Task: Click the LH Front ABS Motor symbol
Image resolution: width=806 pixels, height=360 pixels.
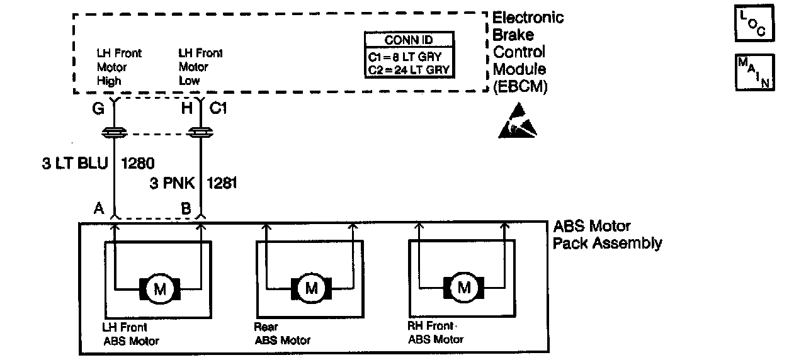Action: pyautogui.click(x=159, y=289)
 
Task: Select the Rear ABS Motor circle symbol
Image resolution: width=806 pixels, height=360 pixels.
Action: pyautogui.click(x=312, y=289)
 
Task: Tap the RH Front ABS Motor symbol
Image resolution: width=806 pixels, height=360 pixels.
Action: pyautogui.click(x=464, y=289)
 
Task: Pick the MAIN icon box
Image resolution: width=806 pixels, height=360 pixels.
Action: pyautogui.click(x=754, y=72)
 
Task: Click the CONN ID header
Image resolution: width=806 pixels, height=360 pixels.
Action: pyautogui.click(x=409, y=40)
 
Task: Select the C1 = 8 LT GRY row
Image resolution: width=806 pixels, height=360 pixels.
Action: pyautogui.click(x=409, y=55)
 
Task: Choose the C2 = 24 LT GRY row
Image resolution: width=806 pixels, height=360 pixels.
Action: pyautogui.click(x=409, y=69)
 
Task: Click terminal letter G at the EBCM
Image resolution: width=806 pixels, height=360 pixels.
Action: pyautogui.click(x=98, y=109)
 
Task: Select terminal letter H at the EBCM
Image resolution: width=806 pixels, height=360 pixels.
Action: pyautogui.click(x=186, y=109)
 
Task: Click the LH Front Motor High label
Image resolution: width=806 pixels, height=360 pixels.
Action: pyautogui.click(x=119, y=67)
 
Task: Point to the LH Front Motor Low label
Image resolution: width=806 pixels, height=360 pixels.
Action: pyautogui.click(x=200, y=67)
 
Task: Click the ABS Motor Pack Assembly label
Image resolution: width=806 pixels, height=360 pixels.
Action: pyautogui.click(x=606, y=234)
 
